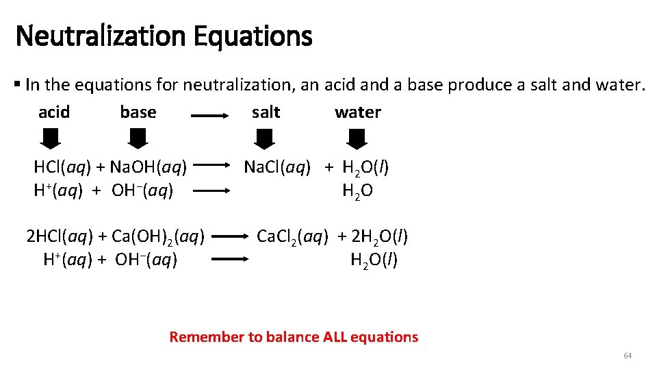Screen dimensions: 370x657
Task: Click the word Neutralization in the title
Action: (101, 36)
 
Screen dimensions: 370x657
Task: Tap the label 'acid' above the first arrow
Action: (54, 112)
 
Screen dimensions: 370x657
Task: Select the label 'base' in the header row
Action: (138, 112)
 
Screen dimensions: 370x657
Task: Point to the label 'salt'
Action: (266, 112)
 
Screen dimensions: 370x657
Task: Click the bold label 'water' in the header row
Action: (358, 112)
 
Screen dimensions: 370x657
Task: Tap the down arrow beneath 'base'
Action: (138, 140)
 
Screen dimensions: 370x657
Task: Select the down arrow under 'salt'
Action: (264, 140)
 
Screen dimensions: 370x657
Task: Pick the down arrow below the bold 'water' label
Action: (357, 140)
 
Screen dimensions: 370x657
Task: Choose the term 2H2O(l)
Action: (379, 237)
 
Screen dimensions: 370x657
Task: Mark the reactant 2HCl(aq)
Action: (59, 237)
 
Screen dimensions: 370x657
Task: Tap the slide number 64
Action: (628, 356)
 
